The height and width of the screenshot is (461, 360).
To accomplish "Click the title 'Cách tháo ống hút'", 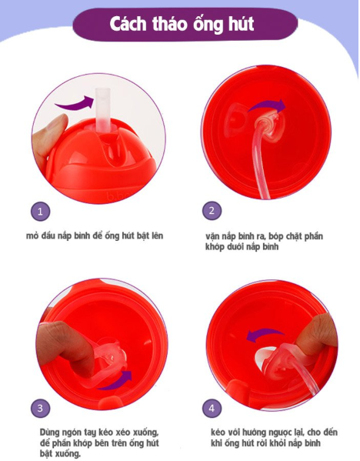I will tap(182, 25).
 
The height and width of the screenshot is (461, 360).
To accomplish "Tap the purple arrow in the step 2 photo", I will tap(266, 105).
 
